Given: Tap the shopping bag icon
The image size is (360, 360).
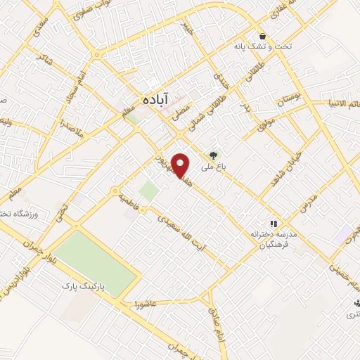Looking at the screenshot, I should pos(262,36).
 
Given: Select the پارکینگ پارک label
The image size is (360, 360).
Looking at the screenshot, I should pos(77,285).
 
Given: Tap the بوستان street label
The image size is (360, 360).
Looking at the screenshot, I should pos(291,98).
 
